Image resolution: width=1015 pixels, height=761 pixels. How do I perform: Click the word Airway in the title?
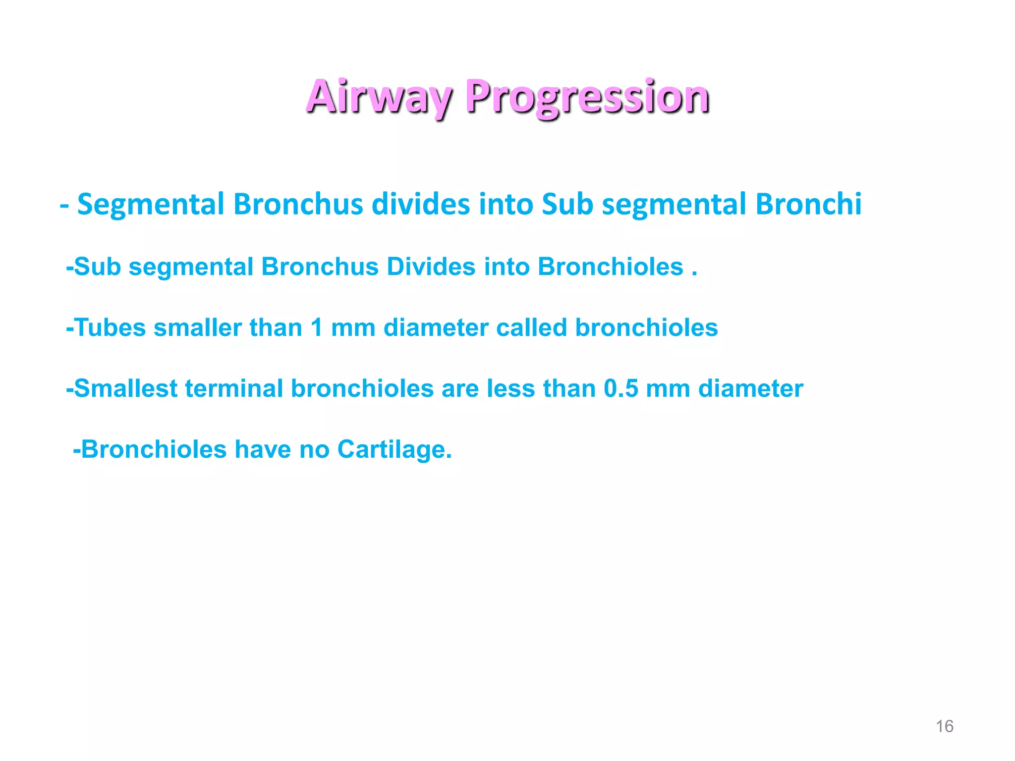379,97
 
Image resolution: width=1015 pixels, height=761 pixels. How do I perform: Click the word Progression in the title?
587,97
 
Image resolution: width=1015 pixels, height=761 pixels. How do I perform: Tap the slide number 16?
944,726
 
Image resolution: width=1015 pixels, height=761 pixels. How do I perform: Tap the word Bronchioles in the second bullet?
610,267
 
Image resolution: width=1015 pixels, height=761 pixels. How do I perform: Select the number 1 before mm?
317,328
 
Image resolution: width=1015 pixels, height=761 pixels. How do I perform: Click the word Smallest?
125,389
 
